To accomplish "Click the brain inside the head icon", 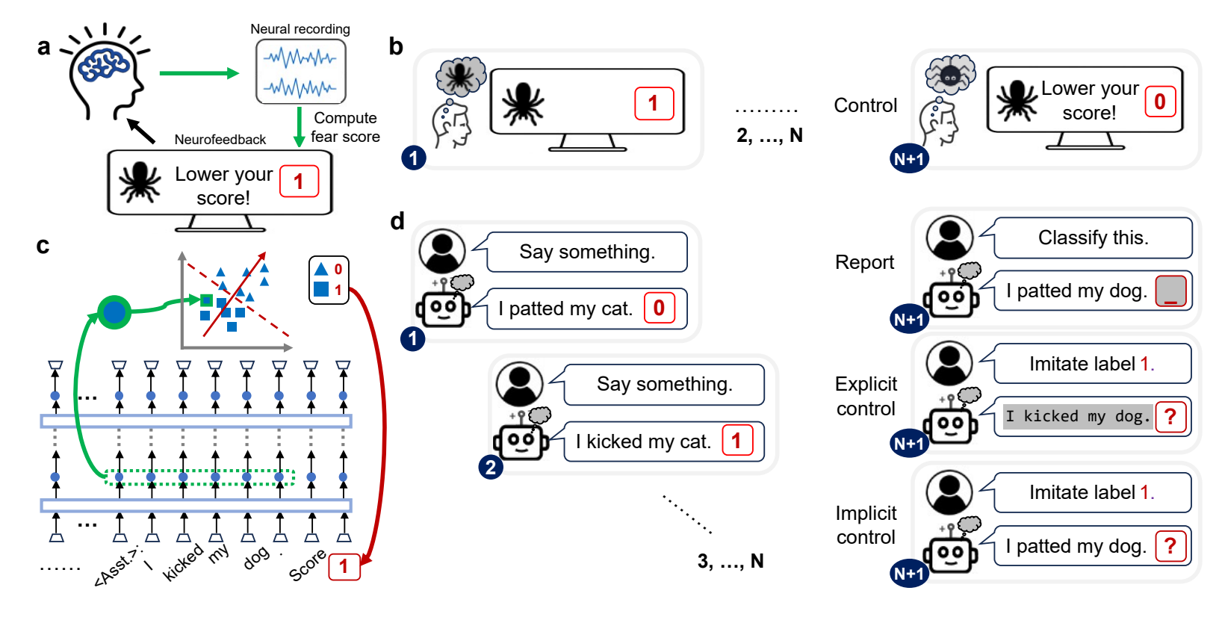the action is (104, 64).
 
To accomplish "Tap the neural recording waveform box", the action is (301, 72).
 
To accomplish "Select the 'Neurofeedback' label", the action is (220, 140).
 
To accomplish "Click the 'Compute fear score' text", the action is (345, 127).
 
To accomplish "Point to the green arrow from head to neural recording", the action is (199, 73).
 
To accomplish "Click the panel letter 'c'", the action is (43, 246).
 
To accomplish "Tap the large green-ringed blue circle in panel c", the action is (114, 312).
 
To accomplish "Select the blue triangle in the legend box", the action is (321, 268).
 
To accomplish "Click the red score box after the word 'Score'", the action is (344, 566).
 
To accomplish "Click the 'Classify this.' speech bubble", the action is (1093, 238).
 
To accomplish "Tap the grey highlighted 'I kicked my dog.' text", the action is (1077, 416).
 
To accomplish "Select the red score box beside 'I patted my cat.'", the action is (659, 309).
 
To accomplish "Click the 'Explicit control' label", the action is (866, 396).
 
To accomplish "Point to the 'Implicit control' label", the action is (866, 525).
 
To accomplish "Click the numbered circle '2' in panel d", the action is (491, 468).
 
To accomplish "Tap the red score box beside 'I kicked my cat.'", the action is (737, 441).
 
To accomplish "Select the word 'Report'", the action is (865, 262).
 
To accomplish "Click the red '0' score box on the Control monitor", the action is (1160, 102).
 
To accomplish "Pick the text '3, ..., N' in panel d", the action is (731, 561).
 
